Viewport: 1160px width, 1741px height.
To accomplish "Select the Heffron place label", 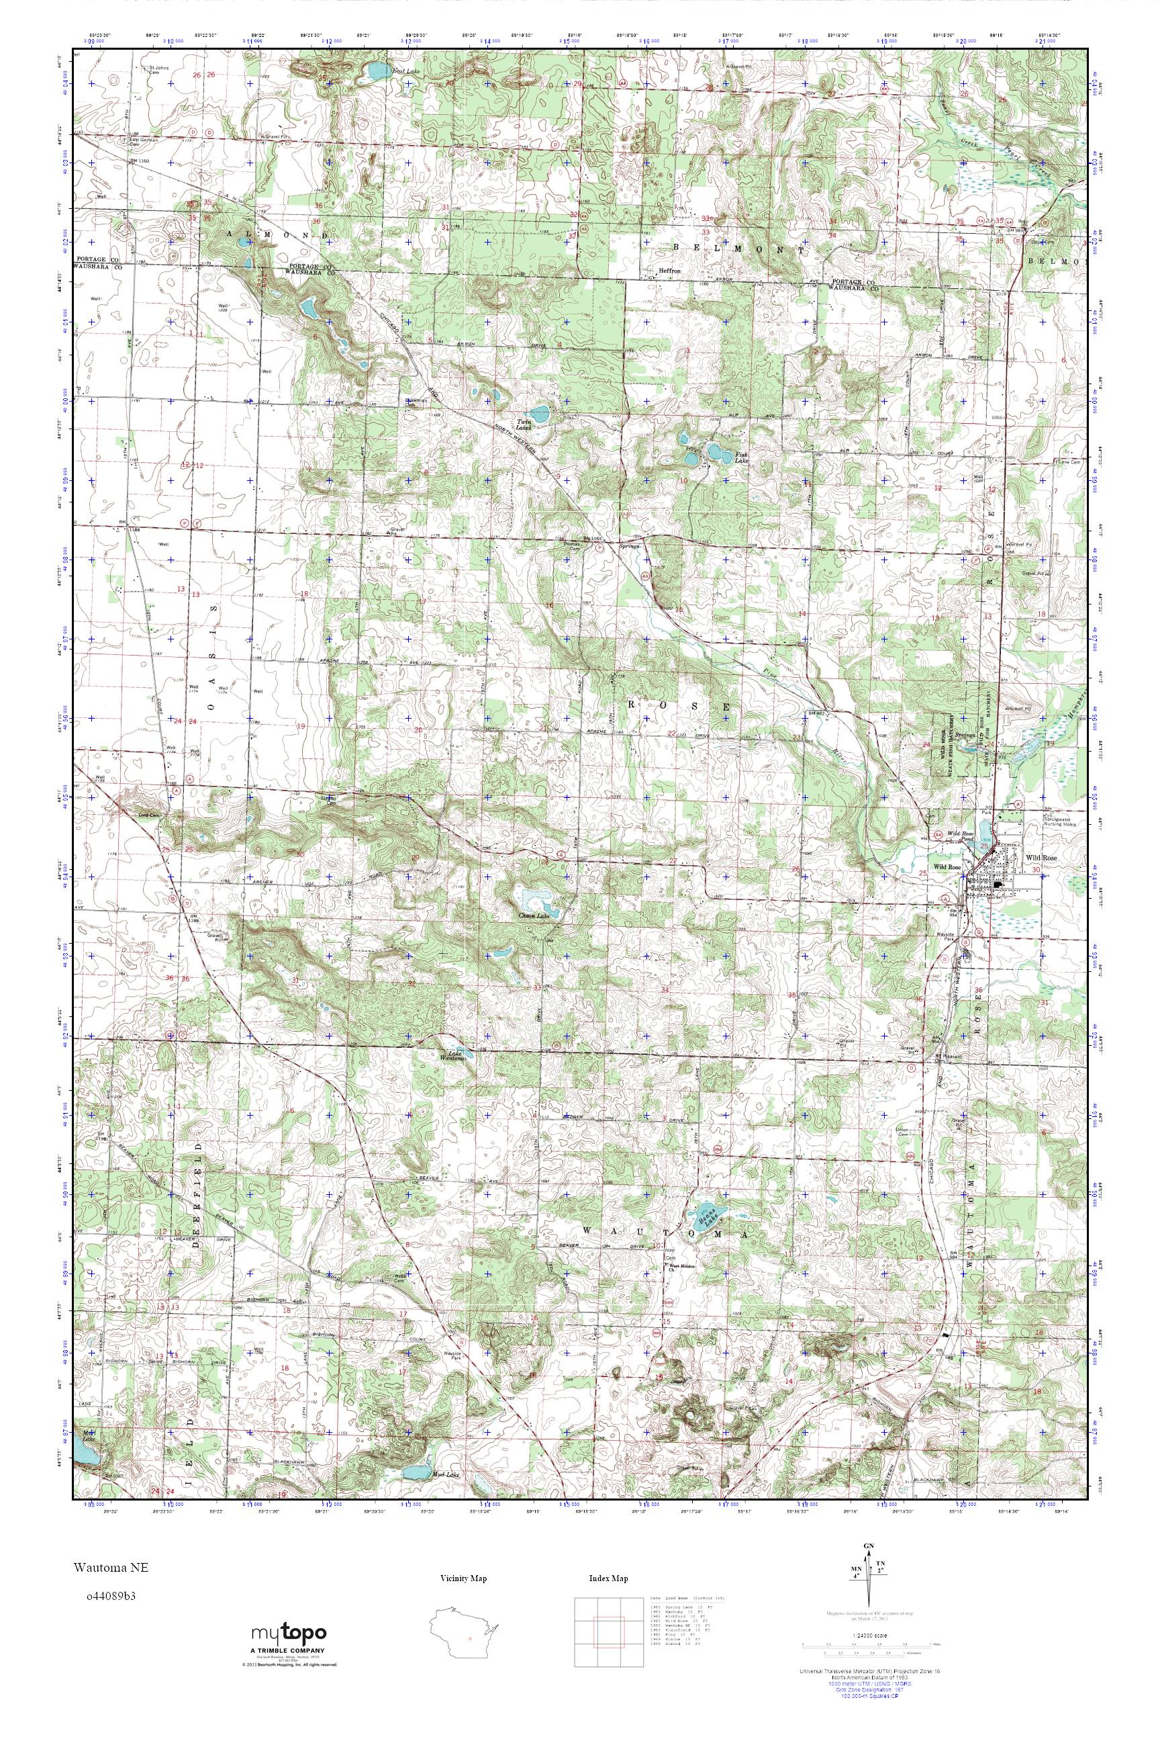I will pyautogui.click(x=668, y=271).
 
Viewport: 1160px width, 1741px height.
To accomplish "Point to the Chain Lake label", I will pyautogui.click(x=532, y=916).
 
